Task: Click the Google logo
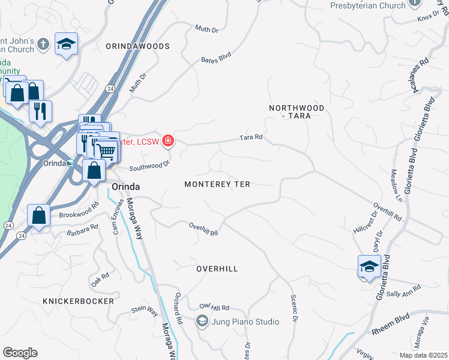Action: (x=20, y=353)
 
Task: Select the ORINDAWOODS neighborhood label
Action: (x=137, y=46)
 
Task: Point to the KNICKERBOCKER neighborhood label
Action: (x=78, y=300)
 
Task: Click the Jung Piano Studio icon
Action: (x=202, y=322)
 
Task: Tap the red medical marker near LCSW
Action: (x=168, y=141)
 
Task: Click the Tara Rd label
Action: (x=251, y=137)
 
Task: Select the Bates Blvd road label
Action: (x=216, y=58)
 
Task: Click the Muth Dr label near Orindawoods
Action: (x=206, y=28)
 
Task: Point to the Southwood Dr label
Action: (x=149, y=164)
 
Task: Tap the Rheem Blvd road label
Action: (x=390, y=330)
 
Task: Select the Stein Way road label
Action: (x=145, y=311)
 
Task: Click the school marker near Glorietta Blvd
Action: (x=369, y=267)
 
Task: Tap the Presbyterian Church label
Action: (x=367, y=6)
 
